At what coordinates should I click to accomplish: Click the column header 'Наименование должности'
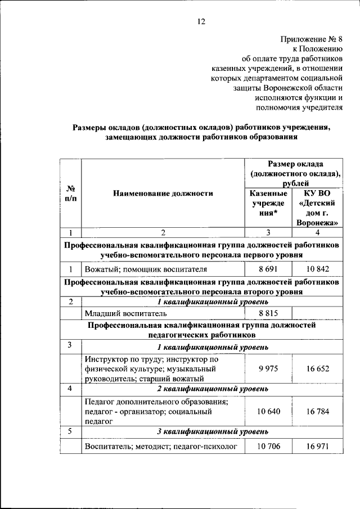[163, 193]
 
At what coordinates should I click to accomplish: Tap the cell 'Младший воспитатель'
[123, 314]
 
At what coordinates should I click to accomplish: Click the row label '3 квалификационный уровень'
[212, 432]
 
